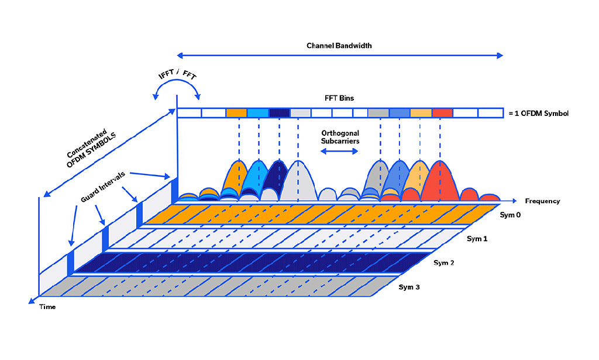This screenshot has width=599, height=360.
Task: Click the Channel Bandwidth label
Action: tap(339, 45)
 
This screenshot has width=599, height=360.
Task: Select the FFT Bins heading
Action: tap(340, 98)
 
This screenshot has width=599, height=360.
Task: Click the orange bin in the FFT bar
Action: tap(236, 113)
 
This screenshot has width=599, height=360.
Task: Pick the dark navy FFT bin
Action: tap(279, 113)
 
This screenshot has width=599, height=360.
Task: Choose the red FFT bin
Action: tap(442, 113)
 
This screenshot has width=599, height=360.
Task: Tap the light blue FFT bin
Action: tap(257, 113)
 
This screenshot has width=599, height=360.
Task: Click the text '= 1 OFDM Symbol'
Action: tap(538, 113)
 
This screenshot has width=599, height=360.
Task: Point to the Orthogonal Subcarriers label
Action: tap(340, 137)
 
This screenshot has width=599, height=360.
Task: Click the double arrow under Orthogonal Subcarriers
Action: tap(339, 151)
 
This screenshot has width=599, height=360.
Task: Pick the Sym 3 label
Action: tap(409, 287)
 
